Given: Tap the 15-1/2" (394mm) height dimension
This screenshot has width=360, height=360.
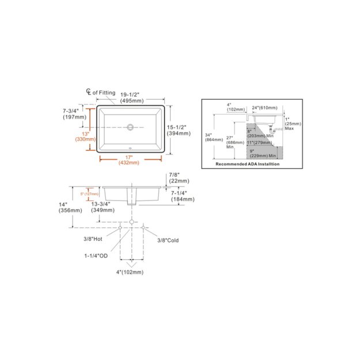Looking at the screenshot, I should pyautogui.click(x=179, y=130).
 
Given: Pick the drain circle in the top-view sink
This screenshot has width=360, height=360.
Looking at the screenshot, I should pyautogui.click(x=131, y=126).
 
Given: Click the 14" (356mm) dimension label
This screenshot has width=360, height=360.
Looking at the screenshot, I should pyautogui.click(x=68, y=207).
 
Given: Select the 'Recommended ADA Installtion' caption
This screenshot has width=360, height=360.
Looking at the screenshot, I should pyautogui.click(x=247, y=164).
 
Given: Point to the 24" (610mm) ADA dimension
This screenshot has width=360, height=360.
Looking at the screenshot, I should pyautogui.click(x=264, y=108).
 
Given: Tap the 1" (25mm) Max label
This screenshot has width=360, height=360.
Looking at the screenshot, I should pyautogui.click(x=289, y=123).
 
